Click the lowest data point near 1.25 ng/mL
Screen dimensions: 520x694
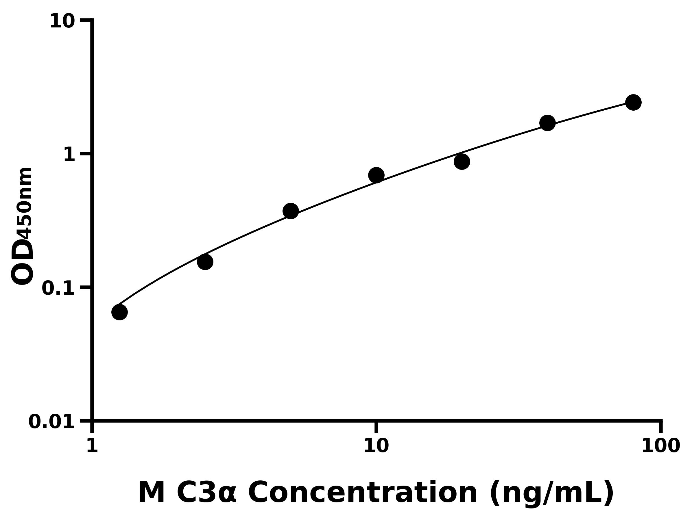119,312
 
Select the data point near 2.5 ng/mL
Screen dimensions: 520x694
205,262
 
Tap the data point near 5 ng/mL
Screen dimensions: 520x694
291,211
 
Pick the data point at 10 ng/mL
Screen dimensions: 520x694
376,175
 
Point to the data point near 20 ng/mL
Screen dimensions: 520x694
462,161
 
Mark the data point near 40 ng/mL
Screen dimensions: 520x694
547,122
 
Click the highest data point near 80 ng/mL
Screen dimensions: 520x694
634,102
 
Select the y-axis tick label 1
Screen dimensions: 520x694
69,155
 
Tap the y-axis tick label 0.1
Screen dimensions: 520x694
58,288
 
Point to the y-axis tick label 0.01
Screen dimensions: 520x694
52,422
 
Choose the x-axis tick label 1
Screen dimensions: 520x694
92,446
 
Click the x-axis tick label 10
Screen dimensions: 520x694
376,446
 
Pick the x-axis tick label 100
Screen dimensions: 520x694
661,446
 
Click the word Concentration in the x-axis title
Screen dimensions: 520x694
363,493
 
